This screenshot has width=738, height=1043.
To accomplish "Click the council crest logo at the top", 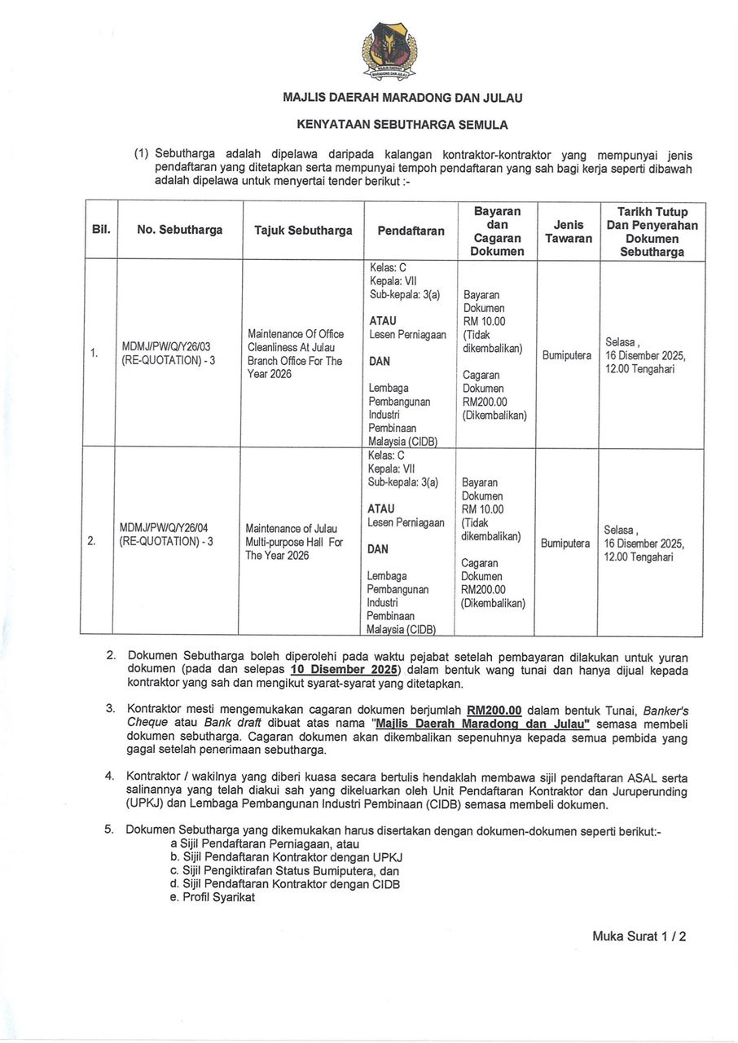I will point(389,53).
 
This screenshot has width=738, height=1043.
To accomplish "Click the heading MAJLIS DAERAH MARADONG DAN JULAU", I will point(402,98).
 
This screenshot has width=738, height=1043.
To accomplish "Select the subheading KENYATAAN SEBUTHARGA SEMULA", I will point(402,125).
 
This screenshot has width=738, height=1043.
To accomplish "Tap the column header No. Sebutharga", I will point(180,231).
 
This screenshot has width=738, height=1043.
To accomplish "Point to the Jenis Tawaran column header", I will point(569,231).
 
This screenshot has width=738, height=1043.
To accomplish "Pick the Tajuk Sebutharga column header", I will point(303,231).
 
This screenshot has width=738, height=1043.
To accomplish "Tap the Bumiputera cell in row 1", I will point(566,356).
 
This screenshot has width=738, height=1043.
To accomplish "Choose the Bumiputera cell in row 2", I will point(565,544).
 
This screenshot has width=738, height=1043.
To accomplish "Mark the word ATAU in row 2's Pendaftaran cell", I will point(381,508).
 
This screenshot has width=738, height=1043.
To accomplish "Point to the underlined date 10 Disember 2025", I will point(343,670).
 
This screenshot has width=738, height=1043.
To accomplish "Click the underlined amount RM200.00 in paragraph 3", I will point(494,709).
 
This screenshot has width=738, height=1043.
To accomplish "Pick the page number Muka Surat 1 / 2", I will point(639,936).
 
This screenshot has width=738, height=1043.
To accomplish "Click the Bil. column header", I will point(99,231).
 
